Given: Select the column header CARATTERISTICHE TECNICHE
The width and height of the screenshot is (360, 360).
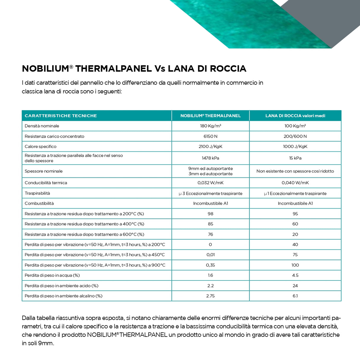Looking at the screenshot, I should click(x=61, y=116).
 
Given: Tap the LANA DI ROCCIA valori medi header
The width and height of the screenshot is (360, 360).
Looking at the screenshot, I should click(x=295, y=116).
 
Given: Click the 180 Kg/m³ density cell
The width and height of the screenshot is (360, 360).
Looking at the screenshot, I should click(x=210, y=126).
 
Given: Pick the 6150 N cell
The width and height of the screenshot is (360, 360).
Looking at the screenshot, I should click(x=210, y=136).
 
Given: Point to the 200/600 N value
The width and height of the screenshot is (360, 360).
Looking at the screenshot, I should click(x=295, y=136).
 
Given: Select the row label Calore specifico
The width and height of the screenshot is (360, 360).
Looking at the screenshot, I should click(x=41, y=146).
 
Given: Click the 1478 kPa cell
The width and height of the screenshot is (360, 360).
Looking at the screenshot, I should click(x=210, y=158).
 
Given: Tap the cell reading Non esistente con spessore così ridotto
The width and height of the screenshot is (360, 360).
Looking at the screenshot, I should click(x=295, y=171).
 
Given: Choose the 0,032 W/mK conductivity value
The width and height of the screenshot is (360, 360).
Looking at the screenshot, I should click(x=210, y=183).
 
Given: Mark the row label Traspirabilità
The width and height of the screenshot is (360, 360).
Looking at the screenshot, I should click(x=37, y=193).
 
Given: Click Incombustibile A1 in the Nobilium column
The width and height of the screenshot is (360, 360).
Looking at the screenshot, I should click(x=210, y=203).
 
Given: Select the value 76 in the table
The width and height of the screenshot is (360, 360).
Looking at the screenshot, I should click(x=210, y=234).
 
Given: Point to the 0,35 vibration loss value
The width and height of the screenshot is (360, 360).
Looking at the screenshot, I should click(x=210, y=265).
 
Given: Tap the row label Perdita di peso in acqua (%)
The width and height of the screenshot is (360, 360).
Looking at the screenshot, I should click(x=52, y=275).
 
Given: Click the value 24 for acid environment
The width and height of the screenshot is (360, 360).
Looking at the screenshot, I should click(x=295, y=286).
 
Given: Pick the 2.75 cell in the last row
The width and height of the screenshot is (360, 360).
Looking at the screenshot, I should click(x=210, y=296).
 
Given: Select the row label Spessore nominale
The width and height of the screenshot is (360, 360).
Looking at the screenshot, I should click(x=44, y=171).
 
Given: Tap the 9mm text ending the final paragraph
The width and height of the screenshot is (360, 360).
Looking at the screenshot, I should click(x=46, y=343).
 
